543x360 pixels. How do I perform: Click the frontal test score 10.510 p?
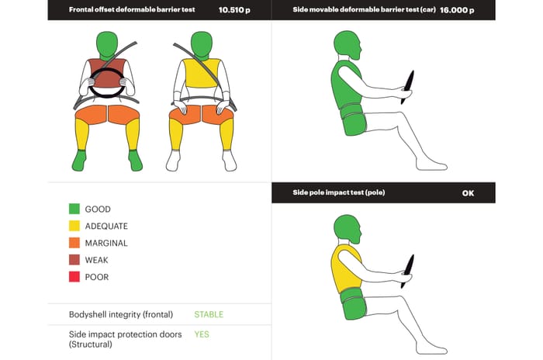pos(234,10)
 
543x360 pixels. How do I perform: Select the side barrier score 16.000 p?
pos(457,10)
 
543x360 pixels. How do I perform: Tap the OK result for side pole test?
pos(468,193)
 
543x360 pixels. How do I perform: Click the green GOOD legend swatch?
pos(74,209)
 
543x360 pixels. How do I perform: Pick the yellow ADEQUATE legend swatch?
pos(74,226)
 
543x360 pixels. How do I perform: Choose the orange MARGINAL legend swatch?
pos(74,243)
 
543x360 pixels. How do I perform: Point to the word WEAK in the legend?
pos(97,260)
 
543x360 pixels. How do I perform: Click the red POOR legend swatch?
pos(74,276)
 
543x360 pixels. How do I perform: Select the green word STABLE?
pos(209,314)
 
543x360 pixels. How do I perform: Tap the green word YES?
pos(202,334)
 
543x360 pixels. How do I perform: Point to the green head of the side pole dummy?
pos(348,229)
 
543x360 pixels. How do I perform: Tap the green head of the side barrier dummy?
pos(348,45)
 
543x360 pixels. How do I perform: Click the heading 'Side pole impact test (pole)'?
pos(339,192)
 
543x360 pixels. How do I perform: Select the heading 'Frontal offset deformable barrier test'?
pos(132,9)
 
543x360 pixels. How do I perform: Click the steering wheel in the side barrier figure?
pos(407,88)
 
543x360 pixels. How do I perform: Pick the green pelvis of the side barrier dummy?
pos(353,119)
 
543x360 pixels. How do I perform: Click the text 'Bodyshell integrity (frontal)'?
pos(121,314)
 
